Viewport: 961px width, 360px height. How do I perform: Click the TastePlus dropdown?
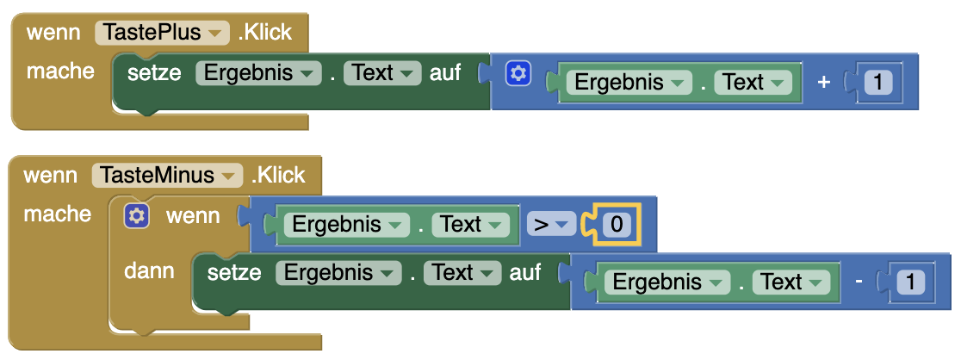[x=162, y=33]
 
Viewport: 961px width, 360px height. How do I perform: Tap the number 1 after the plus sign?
[x=877, y=83]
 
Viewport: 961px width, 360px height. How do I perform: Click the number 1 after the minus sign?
[x=911, y=282]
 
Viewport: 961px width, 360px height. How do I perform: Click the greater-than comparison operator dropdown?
[x=550, y=226]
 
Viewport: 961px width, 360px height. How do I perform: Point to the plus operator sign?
[x=823, y=82]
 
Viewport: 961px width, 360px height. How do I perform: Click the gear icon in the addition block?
[x=517, y=74]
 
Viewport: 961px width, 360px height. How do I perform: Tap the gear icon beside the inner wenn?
[x=137, y=215]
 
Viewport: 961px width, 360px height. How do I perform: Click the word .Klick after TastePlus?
[x=265, y=33]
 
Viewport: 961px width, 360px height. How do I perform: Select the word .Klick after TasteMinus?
[x=278, y=175]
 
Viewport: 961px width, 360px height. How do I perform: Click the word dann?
[x=149, y=271]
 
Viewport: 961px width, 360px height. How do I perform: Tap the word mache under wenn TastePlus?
[x=60, y=71]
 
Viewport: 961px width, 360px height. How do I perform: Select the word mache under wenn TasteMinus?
[x=57, y=214]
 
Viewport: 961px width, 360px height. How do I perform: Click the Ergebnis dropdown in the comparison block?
[x=347, y=225]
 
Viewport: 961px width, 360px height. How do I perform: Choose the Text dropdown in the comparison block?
[x=470, y=225]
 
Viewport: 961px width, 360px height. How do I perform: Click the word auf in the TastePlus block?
[x=445, y=73]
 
